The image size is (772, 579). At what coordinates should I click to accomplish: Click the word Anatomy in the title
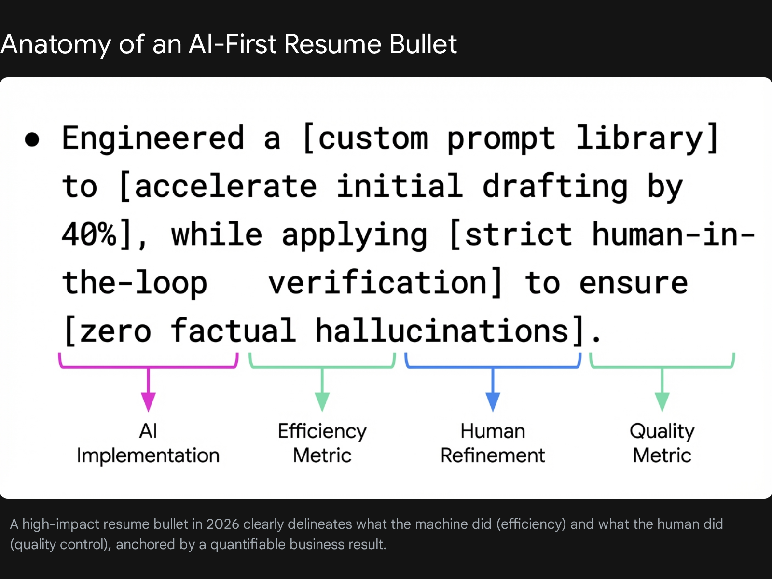click(55, 45)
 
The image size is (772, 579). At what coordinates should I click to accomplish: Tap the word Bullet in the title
click(423, 44)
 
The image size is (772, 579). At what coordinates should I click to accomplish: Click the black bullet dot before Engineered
click(32, 139)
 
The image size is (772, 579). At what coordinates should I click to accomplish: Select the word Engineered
click(153, 138)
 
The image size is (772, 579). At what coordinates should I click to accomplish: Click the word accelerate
click(226, 186)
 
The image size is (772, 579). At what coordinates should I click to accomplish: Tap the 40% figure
click(89, 234)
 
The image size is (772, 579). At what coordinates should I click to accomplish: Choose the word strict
click(518, 234)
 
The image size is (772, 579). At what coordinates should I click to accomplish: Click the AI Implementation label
click(148, 443)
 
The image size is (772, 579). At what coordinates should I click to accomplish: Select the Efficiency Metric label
click(322, 443)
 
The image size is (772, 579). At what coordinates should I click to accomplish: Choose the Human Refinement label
click(493, 443)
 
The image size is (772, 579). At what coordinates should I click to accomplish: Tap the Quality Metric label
click(662, 443)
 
